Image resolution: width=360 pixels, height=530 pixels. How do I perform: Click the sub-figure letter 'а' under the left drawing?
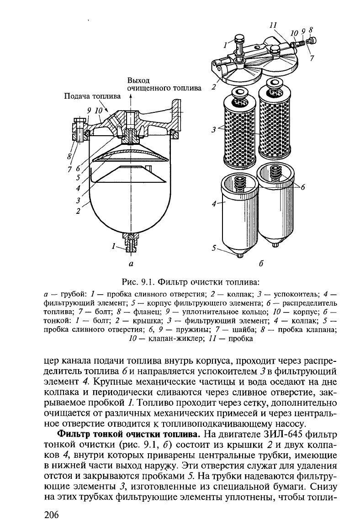click(x=131, y=264)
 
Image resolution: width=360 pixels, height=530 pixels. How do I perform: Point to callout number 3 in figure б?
click(x=214, y=130)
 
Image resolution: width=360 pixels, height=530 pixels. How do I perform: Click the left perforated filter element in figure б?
click(x=238, y=132)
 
